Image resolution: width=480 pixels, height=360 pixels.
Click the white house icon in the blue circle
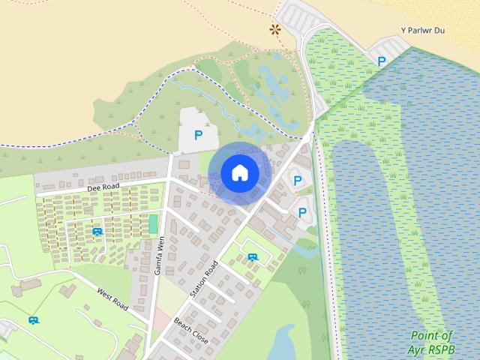tap(239, 172)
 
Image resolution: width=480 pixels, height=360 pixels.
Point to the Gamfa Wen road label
tap(159, 255)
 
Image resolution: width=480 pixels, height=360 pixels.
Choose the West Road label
tap(112, 298)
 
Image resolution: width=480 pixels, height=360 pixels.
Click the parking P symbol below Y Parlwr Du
tap(382, 61)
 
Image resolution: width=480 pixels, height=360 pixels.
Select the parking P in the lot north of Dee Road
tap(198, 135)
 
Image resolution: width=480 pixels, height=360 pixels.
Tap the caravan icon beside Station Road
tap(253, 256)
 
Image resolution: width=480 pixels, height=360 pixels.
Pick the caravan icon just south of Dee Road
tap(97, 231)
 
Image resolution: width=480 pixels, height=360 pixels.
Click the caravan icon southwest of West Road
tap(33, 320)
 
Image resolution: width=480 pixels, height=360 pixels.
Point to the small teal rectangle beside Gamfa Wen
tap(153, 223)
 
